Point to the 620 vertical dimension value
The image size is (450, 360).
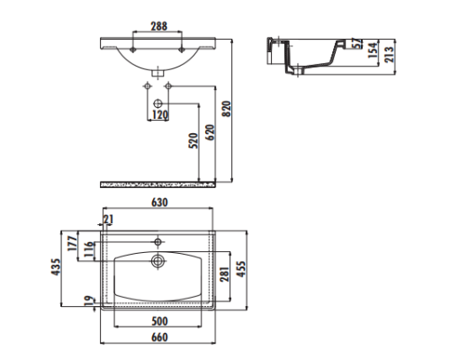tap(211, 134)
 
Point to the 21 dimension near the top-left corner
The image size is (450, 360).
tap(109, 220)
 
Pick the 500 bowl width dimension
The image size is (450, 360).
tap(157, 321)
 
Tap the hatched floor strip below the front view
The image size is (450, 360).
tap(158, 185)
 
